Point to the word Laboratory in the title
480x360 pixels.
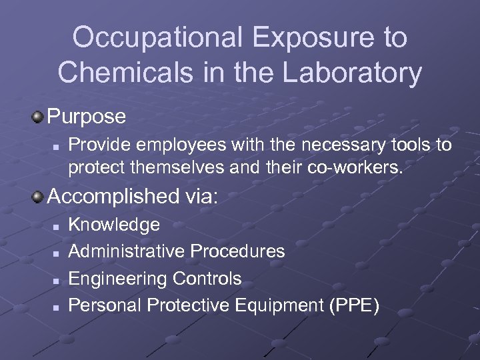coord(349,73)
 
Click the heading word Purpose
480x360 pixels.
coord(87,117)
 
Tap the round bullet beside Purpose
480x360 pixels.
coord(38,117)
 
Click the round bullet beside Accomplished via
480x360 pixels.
coord(38,197)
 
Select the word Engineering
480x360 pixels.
coord(118,278)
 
